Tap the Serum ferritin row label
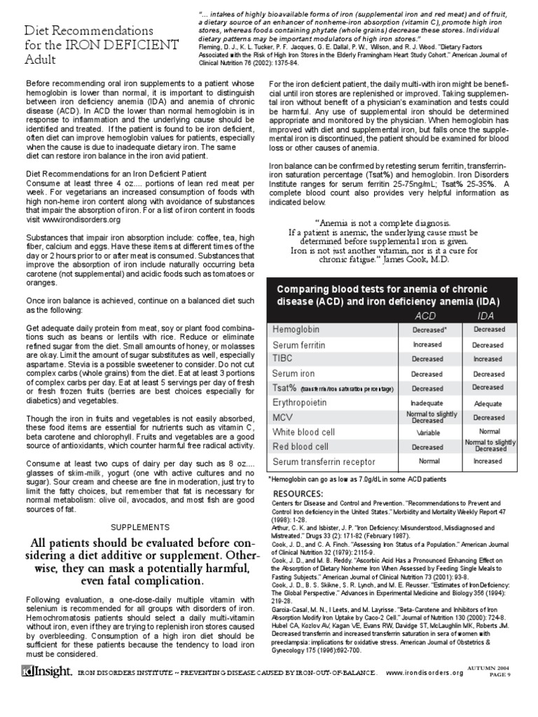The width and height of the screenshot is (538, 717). [303, 344]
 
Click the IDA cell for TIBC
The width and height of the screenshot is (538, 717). [488, 358]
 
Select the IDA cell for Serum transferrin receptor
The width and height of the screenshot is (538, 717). [488, 462]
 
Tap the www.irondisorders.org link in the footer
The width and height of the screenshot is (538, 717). [425, 692]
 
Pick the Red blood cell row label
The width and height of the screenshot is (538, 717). [301, 447]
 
